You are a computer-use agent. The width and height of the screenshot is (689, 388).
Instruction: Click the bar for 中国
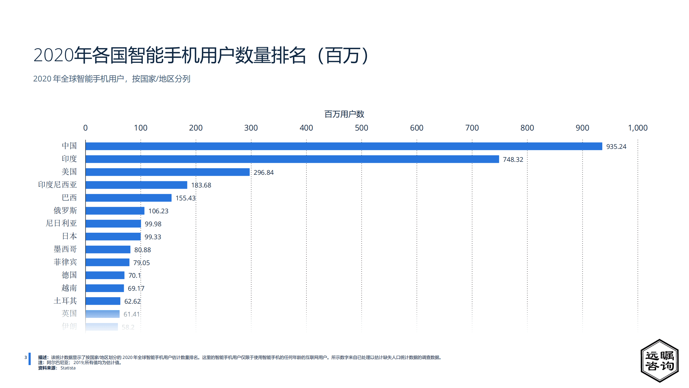click(344, 146)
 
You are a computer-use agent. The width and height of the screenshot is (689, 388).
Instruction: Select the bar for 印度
click(292, 159)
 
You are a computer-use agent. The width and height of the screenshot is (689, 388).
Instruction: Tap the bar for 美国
click(167, 172)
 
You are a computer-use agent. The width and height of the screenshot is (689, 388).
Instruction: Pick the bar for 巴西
click(128, 198)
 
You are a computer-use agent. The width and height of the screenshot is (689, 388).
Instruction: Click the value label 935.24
click(616, 147)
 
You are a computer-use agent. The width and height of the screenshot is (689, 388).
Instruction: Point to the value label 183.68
click(201, 185)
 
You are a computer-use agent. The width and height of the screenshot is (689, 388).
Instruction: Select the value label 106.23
click(158, 211)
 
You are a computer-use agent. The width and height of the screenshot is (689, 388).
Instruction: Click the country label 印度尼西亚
click(57, 185)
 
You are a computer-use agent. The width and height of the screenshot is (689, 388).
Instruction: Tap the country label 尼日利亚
click(61, 223)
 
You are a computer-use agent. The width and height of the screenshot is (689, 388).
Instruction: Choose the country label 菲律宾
click(65, 262)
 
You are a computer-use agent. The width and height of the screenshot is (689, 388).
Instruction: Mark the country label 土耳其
click(65, 301)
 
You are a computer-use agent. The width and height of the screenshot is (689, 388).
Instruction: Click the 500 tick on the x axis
click(361, 128)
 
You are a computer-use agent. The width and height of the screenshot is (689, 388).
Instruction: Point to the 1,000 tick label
click(638, 128)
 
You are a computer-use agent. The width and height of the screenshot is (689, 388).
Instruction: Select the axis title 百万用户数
click(344, 114)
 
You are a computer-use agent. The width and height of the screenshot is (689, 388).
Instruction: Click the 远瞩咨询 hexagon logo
click(659, 360)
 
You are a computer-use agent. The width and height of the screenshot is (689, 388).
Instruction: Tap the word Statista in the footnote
click(68, 368)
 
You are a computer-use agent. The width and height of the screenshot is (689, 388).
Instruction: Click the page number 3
click(26, 358)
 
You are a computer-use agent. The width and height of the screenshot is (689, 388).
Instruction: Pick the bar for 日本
click(113, 236)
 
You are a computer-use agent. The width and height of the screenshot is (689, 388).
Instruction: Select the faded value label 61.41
click(132, 314)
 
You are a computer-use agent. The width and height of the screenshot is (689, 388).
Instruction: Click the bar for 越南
click(105, 288)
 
